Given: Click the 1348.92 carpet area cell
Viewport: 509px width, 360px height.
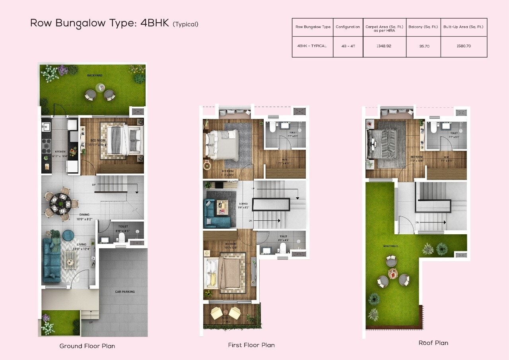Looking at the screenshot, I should (x=384, y=46).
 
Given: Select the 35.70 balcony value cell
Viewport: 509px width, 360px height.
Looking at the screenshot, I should (x=424, y=46).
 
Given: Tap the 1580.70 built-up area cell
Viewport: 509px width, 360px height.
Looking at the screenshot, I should (x=463, y=46).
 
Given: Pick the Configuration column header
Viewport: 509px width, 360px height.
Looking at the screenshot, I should (x=348, y=27).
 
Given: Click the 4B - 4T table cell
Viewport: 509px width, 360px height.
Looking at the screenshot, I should (x=348, y=46).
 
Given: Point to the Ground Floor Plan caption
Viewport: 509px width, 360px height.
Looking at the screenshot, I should (x=87, y=346).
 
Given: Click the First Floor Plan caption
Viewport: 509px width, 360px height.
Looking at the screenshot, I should (x=251, y=345).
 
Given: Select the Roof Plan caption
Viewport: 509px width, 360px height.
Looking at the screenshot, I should (x=433, y=343).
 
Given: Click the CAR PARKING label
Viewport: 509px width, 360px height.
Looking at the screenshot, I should (x=125, y=292).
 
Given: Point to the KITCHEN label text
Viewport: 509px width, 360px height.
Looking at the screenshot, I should (x=60, y=152).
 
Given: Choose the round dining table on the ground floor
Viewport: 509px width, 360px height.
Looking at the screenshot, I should (x=60, y=204).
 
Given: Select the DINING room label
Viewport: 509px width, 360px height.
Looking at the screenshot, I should (x=84, y=215).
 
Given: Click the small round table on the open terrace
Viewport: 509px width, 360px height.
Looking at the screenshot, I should (x=393, y=274).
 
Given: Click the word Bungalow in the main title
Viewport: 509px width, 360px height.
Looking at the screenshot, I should (x=78, y=23).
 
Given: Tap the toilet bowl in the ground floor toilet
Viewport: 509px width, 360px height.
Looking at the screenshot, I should (x=122, y=238).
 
